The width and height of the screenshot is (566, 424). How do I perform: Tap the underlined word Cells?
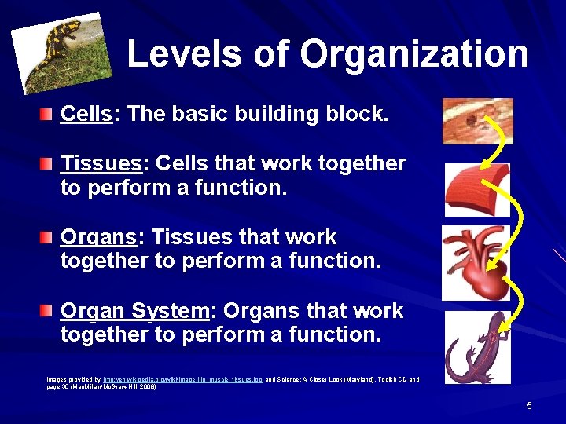click(86, 114)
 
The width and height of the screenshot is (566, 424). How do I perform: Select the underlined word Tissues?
click(101, 163)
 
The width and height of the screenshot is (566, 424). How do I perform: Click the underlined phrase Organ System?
click(134, 311)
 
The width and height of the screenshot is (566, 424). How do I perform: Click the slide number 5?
click(529, 405)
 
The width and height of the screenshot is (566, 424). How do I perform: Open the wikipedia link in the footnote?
click(182, 379)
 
